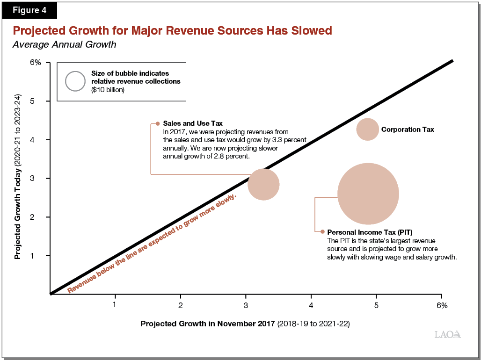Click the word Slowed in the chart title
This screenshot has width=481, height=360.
(x=310, y=31)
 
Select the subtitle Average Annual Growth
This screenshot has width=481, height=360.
(x=64, y=45)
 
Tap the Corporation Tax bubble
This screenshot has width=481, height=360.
(x=367, y=129)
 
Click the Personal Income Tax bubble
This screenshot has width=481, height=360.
(x=368, y=194)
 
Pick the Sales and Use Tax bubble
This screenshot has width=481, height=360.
(x=263, y=184)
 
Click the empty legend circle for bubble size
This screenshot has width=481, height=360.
(x=75, y=81)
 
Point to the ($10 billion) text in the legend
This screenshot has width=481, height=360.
(x=108, y=90)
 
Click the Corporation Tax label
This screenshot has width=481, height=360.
(x=408, y=129)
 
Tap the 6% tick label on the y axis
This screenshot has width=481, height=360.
(x=36, y=62)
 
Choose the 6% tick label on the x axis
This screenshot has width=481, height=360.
(x=442, y=305)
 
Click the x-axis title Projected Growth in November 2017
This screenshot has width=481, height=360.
(x=208, y=324)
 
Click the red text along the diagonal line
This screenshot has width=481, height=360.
(x=152, y=243)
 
